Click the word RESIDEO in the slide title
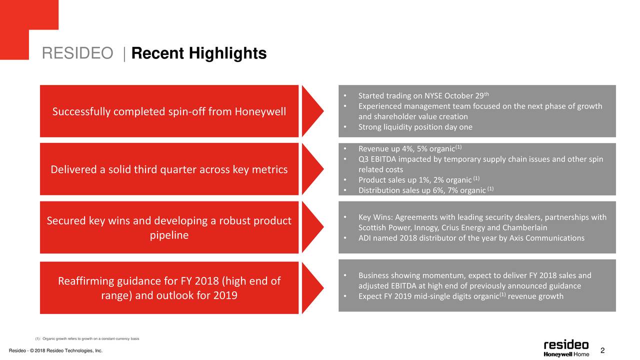[x=77, y=53]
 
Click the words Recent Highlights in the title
[x=199, y=53]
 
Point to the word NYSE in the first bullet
[x=433, y=96]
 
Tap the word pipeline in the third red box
[x=169, y=235]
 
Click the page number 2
[x=602, y=350]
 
